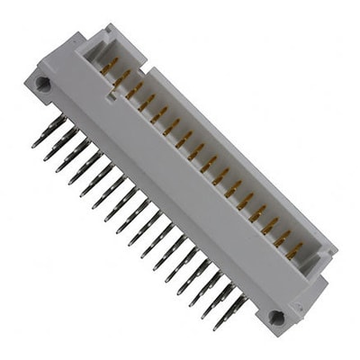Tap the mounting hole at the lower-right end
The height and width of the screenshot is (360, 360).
click(276, 317)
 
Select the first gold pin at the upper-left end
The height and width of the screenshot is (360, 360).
click(111, 65)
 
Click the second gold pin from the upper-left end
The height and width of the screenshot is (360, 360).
click(122, 77)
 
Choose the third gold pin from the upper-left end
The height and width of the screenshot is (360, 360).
click(135, 90)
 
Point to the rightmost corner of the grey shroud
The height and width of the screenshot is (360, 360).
click(337, 244)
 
